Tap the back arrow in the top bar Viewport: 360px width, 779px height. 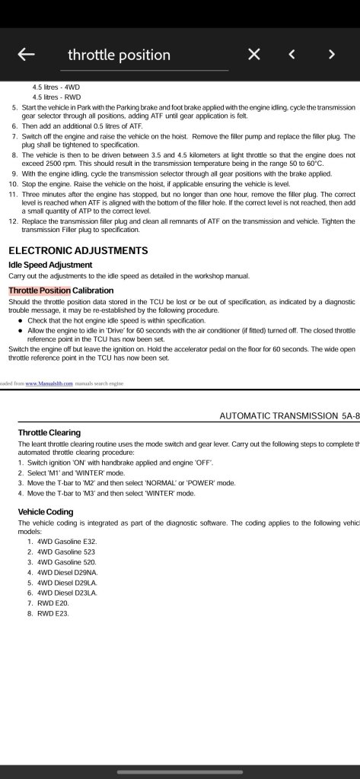click(x=27, y=54)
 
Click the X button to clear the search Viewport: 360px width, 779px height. click(x=254, y=54)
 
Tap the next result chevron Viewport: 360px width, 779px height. click(x=331, y=54)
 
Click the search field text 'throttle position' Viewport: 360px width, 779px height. click(x=119, y=55)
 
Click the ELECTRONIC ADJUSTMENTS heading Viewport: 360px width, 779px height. click(x=78, y=250)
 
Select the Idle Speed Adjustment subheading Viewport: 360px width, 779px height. click(x=56, y=265)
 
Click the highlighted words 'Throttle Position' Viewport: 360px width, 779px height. click(x=40, y=291)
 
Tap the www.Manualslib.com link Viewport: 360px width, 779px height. click(x=49, y=383)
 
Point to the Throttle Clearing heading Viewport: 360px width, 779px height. click(x=49, y=433)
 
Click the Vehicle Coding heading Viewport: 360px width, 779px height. click(x=46, y=512)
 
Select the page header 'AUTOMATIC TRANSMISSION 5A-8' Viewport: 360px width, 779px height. click(x=288, y=416)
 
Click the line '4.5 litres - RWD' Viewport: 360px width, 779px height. click(x=56, y=97)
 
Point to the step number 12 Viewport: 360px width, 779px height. click(x=13, y=221)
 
